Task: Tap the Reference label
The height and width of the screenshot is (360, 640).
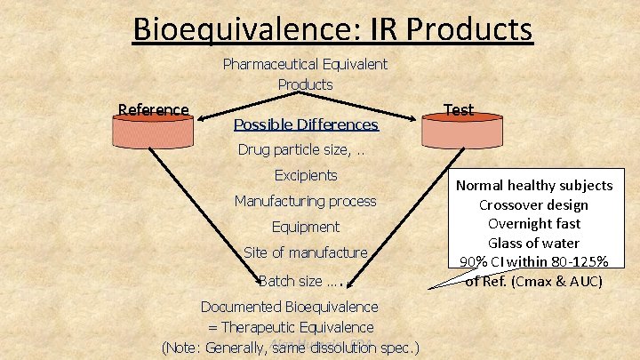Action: coord(154,110)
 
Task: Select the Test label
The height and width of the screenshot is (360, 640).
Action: coord(459,110)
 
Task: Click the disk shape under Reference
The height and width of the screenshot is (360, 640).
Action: coord(153,132)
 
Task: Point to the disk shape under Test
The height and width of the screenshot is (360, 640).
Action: coord(459,132)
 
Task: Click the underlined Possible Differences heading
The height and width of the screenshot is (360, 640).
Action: coord(305,124)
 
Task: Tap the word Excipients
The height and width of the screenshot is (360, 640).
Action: coord(306,175)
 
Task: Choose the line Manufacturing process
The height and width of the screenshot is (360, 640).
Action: coord(305,201)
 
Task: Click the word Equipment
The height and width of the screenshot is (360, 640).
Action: coord(306,227)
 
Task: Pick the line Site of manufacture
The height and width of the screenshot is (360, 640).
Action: coord(305,252)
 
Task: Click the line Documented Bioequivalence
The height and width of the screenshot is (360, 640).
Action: coord(289,307)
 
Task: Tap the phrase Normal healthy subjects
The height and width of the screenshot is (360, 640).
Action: coord(534,185)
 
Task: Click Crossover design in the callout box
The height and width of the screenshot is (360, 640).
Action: coord(534,204)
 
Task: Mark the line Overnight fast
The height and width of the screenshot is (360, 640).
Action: coord(534,224)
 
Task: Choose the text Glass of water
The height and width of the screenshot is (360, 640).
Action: coord(534,243)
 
